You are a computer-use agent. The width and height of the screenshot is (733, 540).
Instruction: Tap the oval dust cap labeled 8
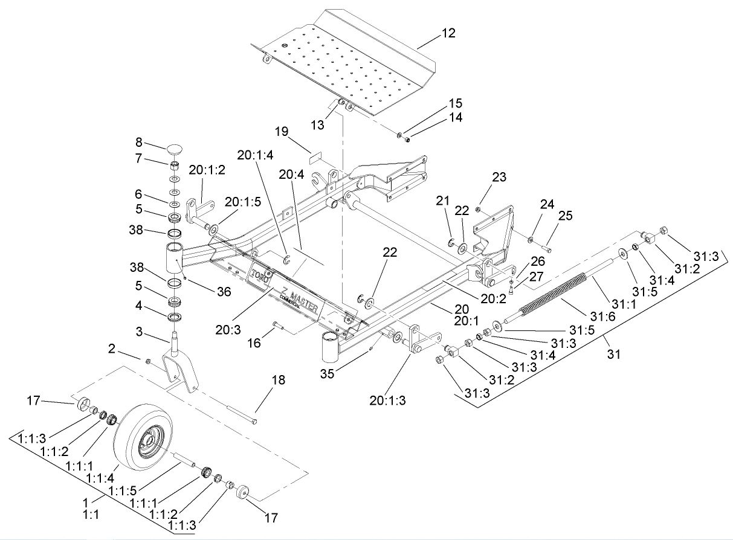(175, 149)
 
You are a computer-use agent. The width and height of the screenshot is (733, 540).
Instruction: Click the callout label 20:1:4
(255, 155)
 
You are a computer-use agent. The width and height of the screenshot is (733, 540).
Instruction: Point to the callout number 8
(138, 144)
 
